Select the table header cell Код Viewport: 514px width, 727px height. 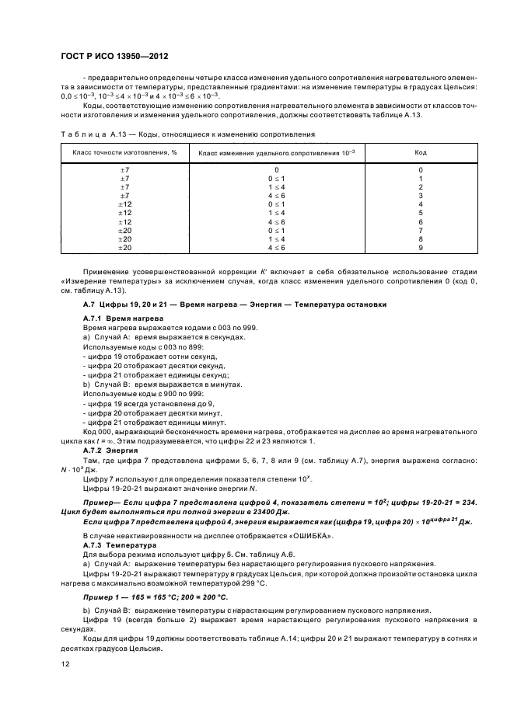[x=421, y=152]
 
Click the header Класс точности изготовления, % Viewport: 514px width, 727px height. [x=124, y=152]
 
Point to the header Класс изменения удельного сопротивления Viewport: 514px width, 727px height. [x=277, y=152]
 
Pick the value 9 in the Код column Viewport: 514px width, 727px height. [x=421, y=248]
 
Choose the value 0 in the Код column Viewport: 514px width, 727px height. [x=421, y=169]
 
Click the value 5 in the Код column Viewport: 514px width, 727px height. [x=421, y=213]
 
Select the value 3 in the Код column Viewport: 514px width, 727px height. [x=421, y=195]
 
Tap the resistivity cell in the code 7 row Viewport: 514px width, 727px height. [x=277, y=231]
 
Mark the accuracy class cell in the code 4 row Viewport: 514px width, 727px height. [x=124, y=204]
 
